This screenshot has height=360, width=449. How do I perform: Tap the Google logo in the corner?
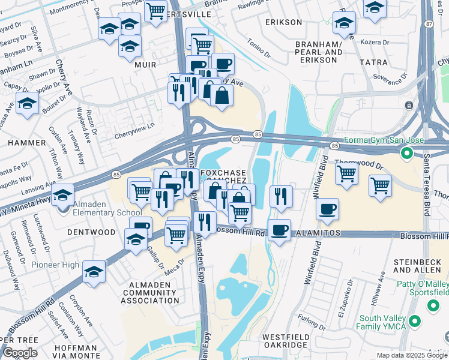click(x=20, y=352)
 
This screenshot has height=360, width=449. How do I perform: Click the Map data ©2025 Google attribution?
click(x=412, y=355)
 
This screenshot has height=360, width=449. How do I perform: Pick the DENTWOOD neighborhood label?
click(x=91, y=232)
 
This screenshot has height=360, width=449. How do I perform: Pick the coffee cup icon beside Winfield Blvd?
click(x=328, y=209)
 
